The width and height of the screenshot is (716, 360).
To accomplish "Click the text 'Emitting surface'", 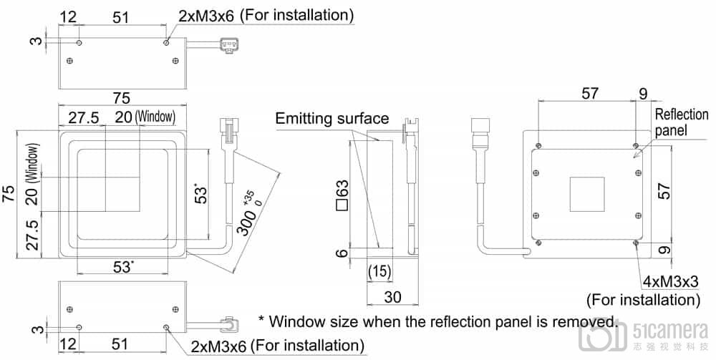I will [x=332, y=119].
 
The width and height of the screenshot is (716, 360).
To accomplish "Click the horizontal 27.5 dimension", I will [x=84, y=117].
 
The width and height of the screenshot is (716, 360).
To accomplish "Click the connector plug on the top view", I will [x=228, y=47].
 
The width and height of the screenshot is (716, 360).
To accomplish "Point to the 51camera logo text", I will [x=669, y=330].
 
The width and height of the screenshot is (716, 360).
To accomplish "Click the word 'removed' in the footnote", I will [x=590, y=321].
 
